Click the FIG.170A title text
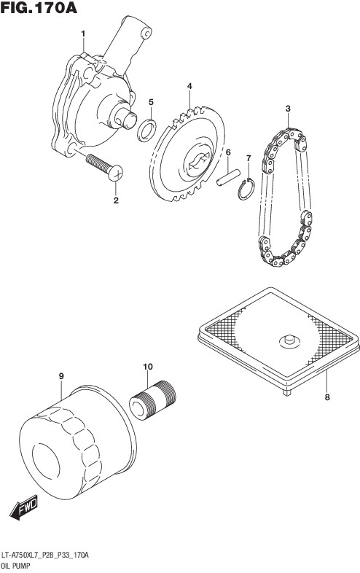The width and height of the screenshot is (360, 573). [39, 7]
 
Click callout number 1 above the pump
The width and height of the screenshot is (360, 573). [83, 34]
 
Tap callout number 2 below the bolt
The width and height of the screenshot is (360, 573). [116, 200]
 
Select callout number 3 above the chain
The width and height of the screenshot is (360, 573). [288, 109]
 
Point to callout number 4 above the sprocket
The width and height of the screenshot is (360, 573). [189, 86]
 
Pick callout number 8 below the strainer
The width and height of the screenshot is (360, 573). [327, 397]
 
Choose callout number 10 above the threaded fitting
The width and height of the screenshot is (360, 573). [148, 366]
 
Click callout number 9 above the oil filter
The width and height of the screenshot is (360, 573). [61, 375]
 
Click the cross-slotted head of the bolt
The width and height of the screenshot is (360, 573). [115, 173]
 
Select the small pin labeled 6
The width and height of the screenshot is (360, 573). [228, 177]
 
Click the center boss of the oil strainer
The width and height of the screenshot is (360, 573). [289, 340]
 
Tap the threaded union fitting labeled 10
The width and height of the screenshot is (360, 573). [153, 400]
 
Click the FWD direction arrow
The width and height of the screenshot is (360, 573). [24, 507]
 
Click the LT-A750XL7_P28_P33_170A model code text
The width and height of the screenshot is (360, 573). [44, 556]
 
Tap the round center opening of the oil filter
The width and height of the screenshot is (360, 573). [46, 461]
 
